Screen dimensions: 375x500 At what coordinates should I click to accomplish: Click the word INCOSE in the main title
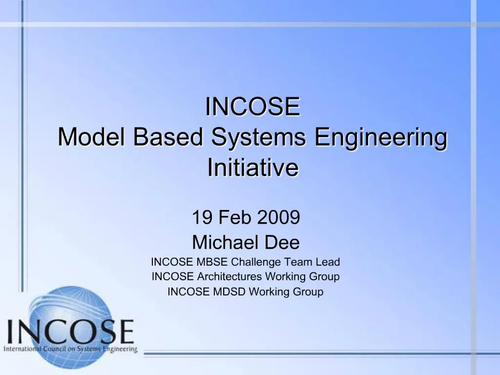[252, 107]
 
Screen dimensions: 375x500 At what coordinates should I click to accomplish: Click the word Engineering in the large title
[380, 138]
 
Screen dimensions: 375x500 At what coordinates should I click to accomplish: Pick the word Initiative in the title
[252, 168]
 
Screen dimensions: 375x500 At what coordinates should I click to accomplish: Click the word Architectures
[229, 277]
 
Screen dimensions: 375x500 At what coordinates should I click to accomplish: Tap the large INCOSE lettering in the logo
[71, 332]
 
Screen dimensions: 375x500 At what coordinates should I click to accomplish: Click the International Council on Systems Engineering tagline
[71, 350]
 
